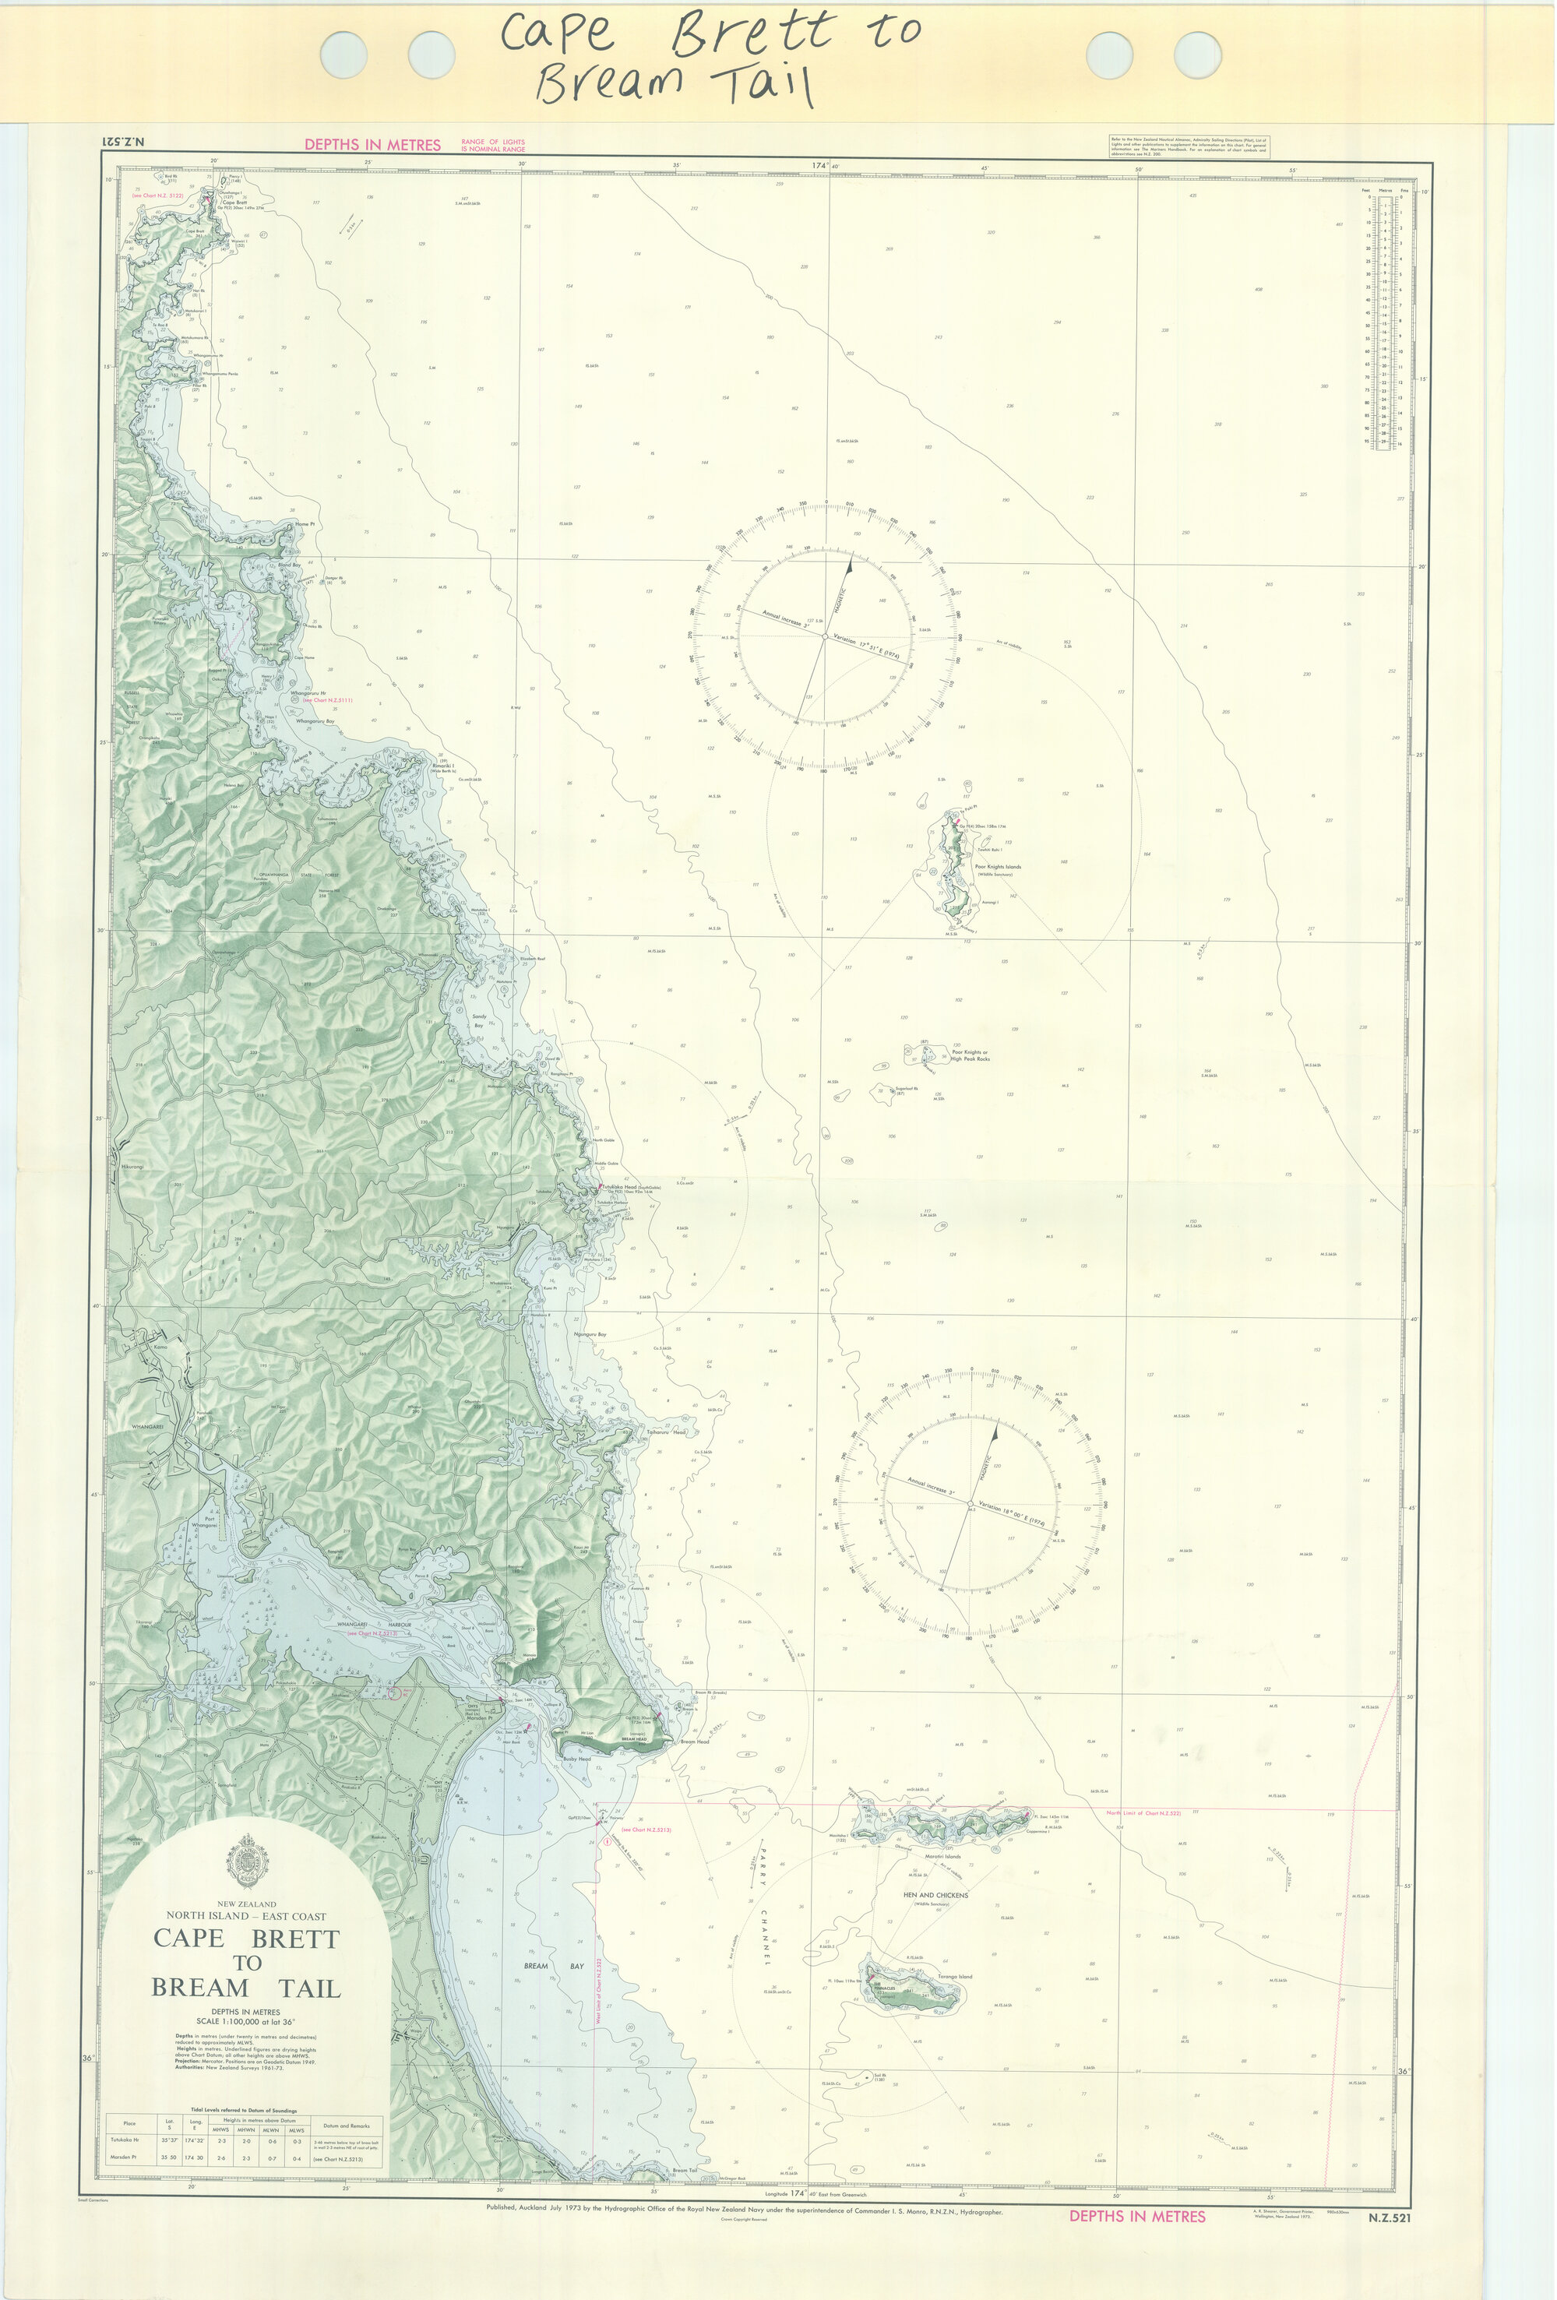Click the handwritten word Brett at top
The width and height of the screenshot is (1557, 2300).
752,34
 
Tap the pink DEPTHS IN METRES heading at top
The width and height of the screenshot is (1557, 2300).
372,145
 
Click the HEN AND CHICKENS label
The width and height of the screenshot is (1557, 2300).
935,1895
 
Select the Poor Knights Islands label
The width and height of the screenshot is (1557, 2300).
998,866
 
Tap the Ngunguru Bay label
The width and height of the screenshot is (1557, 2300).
589,1334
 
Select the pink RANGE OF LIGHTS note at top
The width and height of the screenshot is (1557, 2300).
493,146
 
